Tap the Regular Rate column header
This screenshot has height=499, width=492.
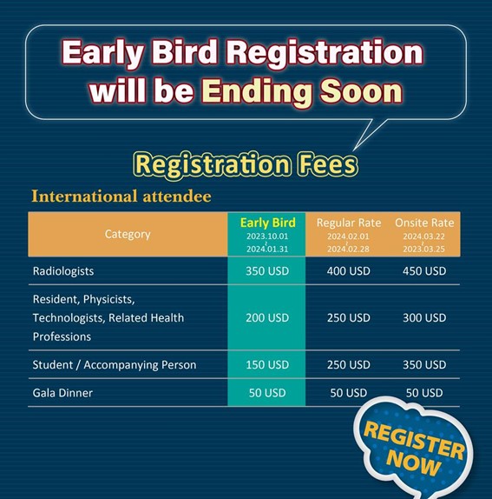click(x=349, y=223)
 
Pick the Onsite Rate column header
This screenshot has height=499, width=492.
click(x=424, y=223)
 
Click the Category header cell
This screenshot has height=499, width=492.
click(x=128, y=234)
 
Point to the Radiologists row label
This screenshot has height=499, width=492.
click(x=63, y=271)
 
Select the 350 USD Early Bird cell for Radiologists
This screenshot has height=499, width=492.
click(x=267, y=271)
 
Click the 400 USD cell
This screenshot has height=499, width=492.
click(x=349, y=271)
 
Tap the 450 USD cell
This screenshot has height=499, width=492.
click(x=424, y=271)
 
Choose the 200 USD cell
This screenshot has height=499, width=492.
click(x=267, y=317)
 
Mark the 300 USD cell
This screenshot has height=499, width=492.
click(x=424, y=317)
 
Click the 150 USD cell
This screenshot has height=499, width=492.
click(x=267, y=365)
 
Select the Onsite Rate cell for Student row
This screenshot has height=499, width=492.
click(x=424, y=365)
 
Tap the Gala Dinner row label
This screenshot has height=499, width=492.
click(x=62, y=393)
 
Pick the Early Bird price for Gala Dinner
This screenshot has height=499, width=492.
click(x=267, y=393)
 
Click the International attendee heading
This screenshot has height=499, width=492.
click(x=121, y=196)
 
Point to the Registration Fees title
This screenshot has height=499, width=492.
click(x=246, y=165)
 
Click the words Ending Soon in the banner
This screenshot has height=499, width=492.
click(x=302, y=91)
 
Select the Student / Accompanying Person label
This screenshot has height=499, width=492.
click(x=115, y=365)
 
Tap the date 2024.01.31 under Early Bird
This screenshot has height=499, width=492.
click(x=267, y=249)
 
